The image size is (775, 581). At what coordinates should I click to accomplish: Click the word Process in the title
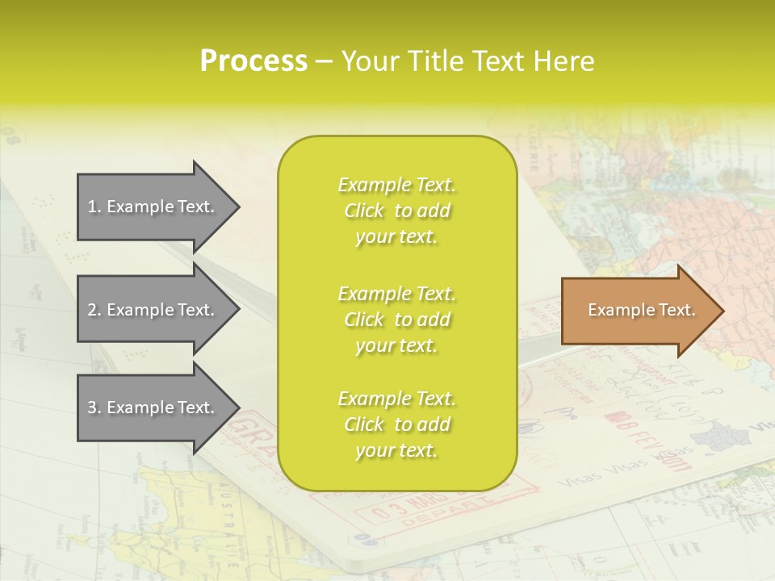pyautogui.click(x=253, y=61)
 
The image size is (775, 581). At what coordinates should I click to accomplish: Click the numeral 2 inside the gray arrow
pyautogui.click(x=93, y=310)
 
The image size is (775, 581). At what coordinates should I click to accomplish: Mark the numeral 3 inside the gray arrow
pyautogui.click(x=93, y=408)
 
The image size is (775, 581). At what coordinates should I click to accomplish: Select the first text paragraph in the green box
pyautogui.click(x=397, y=211)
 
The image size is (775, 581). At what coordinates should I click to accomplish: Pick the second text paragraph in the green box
pyautogui.click(x=397, y=320)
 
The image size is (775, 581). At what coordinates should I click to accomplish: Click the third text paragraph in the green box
pyautogui.click(x=397, y=424)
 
